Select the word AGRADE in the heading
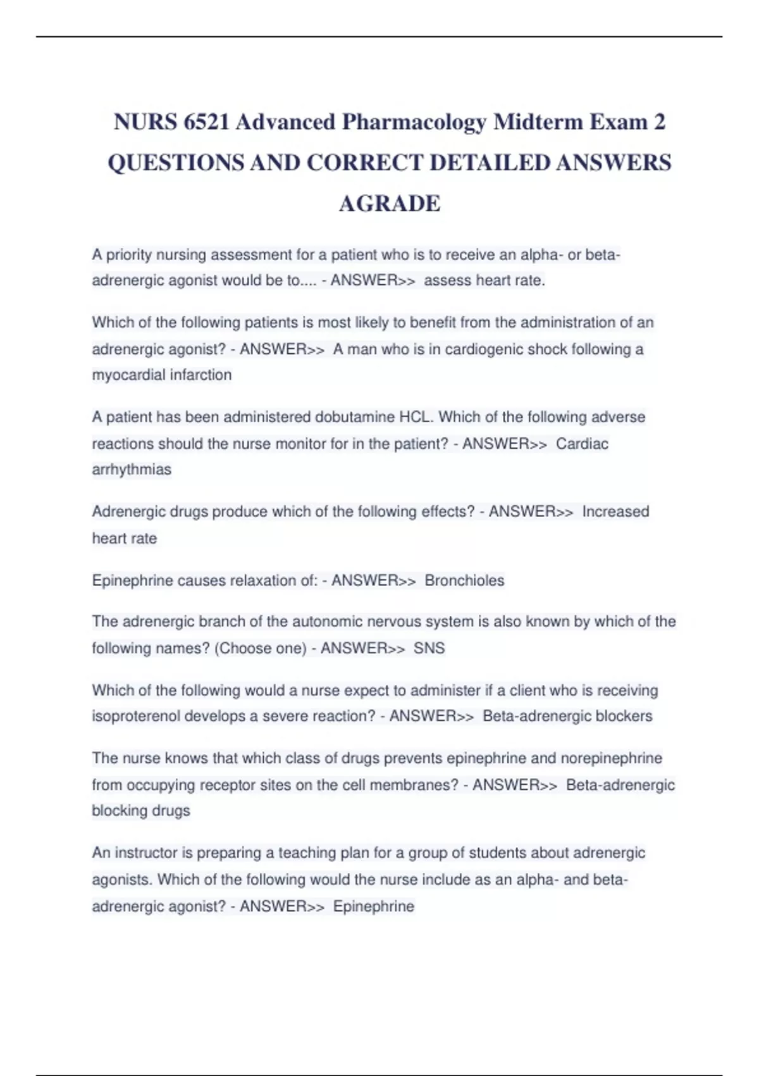[390, 204]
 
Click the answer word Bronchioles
[464, 581]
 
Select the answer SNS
[429, 649]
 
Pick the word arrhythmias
[132, 470]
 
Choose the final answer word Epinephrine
[373, 906]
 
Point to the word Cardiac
[582, 444]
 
